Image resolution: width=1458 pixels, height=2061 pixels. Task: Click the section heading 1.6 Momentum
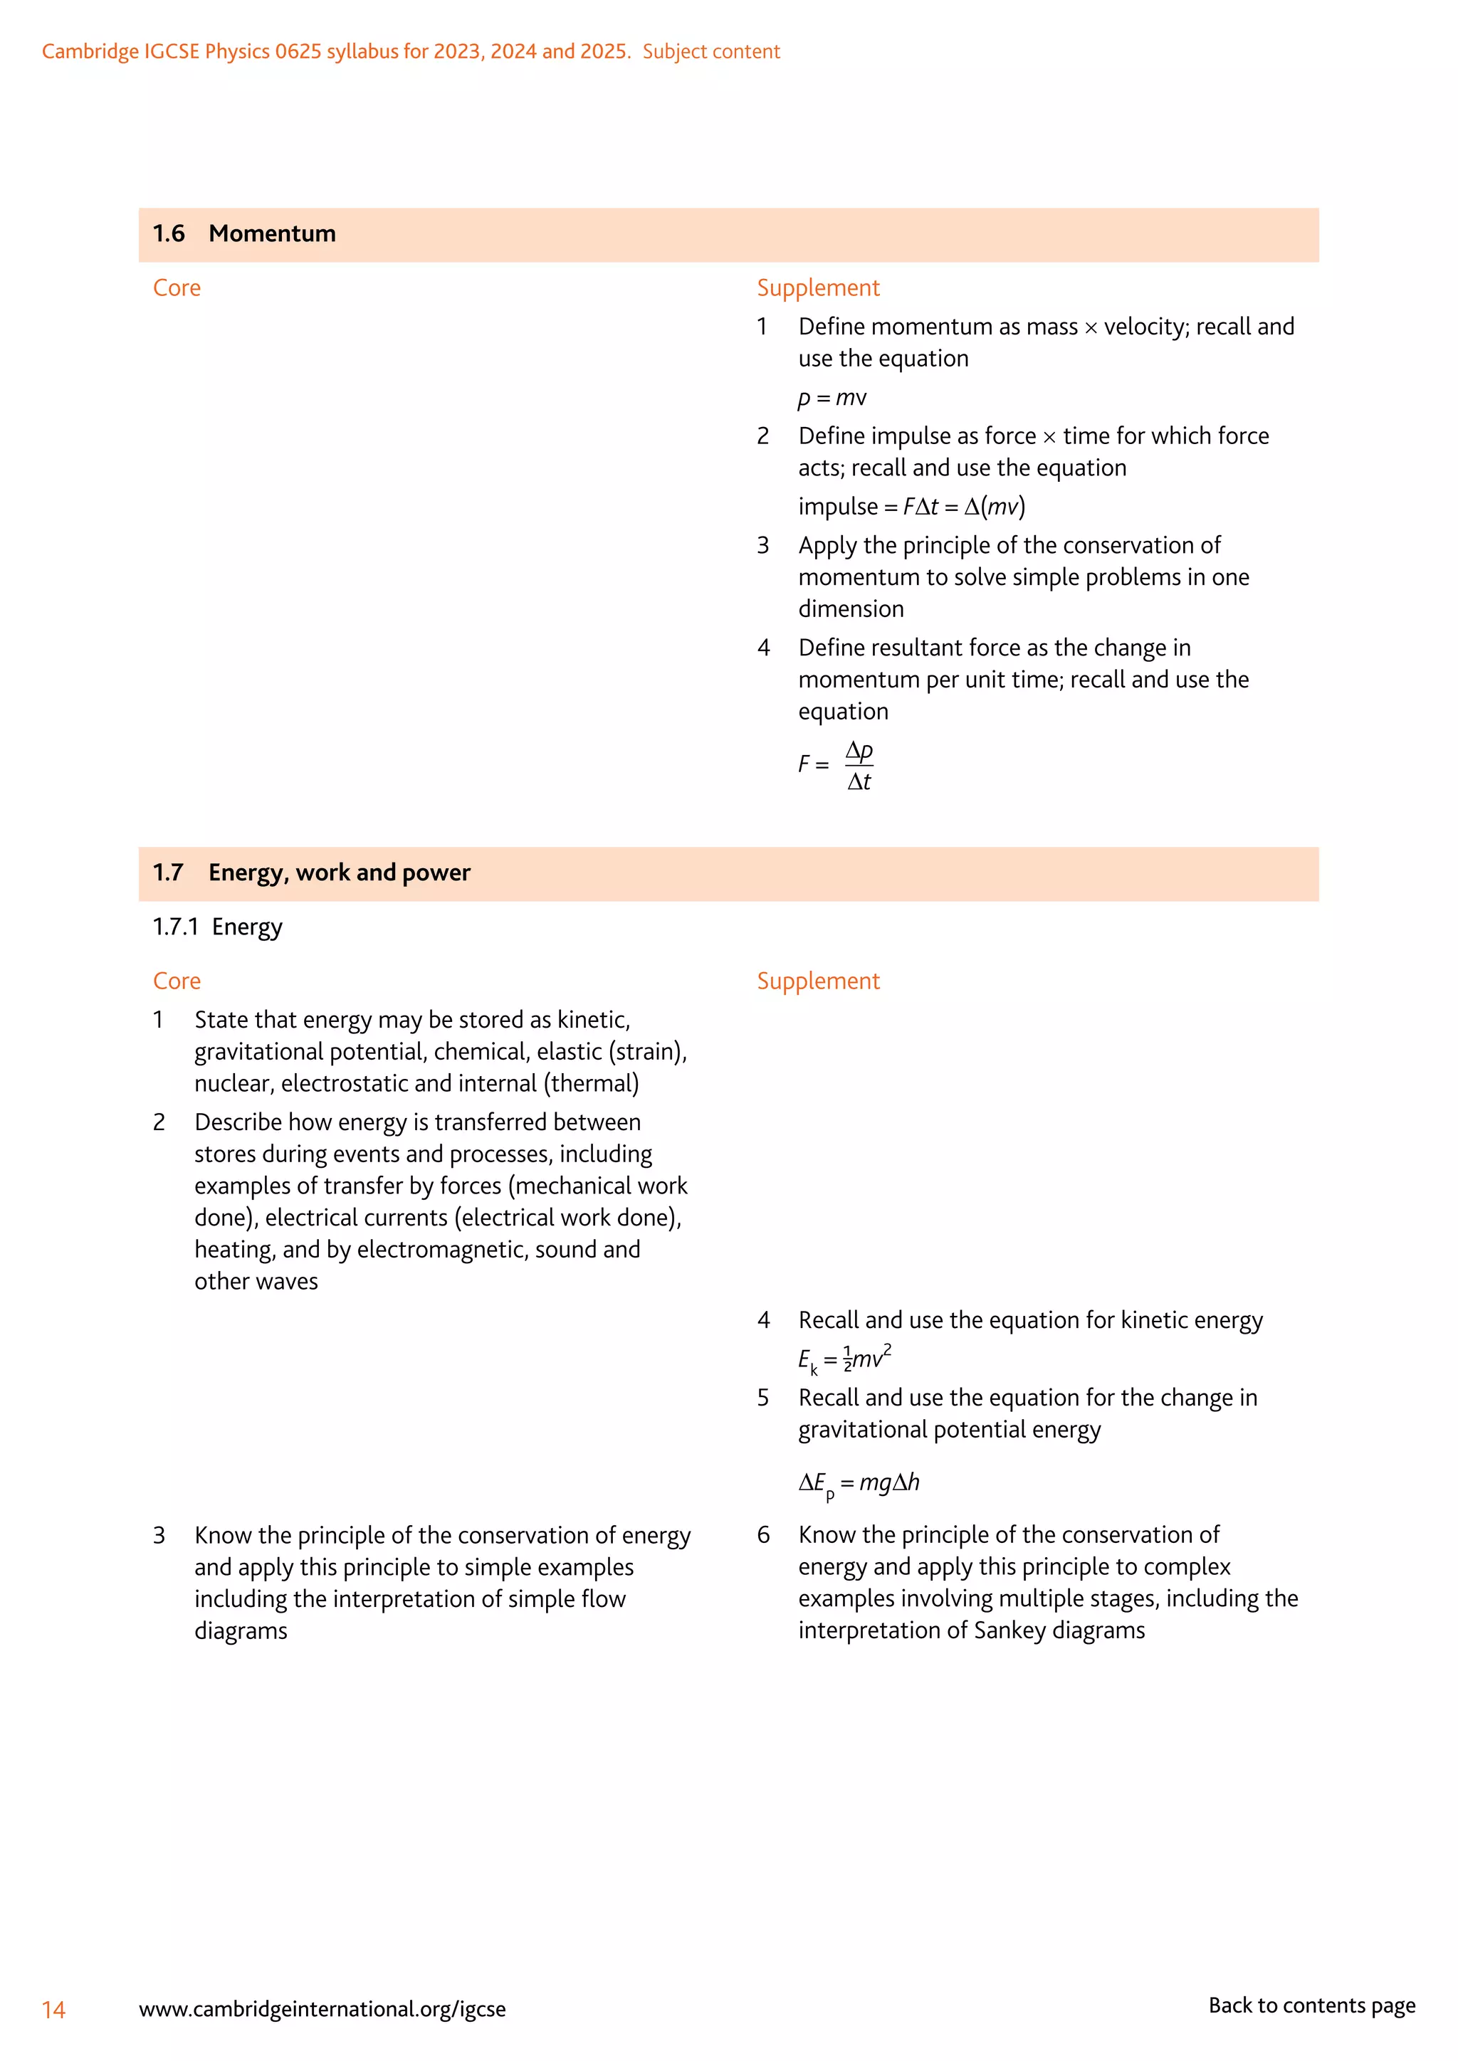click(244, 234)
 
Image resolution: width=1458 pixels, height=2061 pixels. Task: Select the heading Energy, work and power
click(340, 873)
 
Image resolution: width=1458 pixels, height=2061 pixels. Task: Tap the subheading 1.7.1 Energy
click(217, 927)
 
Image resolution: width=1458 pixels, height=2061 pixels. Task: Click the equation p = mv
click(832, 398)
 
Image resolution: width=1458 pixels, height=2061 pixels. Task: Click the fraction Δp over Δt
click(859, 766)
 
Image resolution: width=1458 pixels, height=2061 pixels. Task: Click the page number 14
click(54, 2010)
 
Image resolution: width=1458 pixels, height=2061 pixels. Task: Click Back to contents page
click(1311, 2005)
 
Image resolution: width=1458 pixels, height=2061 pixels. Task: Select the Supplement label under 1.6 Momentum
click(818, 288)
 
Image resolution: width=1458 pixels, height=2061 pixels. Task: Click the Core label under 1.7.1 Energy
click(177, 981)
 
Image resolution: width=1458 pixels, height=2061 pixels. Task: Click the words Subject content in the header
click(711, 52)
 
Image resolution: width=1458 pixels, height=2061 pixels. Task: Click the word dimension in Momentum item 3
click(851, 609)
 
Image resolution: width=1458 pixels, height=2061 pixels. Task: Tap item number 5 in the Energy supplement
click(763, 1398)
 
